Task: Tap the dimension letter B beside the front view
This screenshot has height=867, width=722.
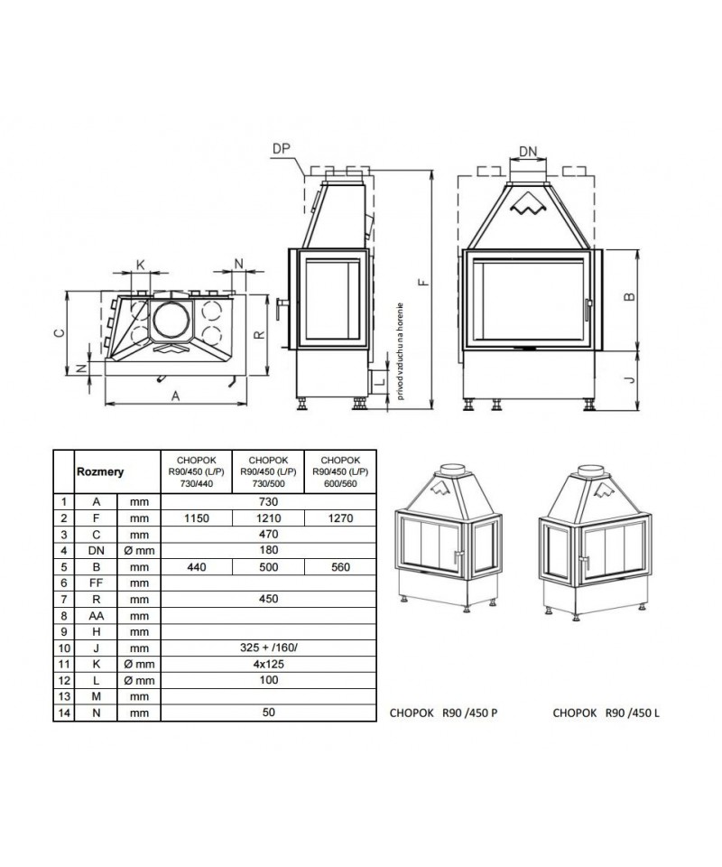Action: [631, 296]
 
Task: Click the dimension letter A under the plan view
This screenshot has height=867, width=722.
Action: [175, 395]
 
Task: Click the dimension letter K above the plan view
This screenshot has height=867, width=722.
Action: [140, 264]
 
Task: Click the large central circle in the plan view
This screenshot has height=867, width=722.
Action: [171, 321]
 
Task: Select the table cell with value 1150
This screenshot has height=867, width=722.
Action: [196, 518]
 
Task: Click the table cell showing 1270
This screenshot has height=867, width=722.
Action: [341, 518]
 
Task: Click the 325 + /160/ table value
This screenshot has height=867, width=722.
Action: [269, 647]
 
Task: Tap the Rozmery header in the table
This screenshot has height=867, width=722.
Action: [100, 471]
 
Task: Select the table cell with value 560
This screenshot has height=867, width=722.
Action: [341, 566]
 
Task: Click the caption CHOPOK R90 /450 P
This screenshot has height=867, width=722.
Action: [444, 713]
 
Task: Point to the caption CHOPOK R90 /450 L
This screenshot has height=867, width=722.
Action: [606, 713]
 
